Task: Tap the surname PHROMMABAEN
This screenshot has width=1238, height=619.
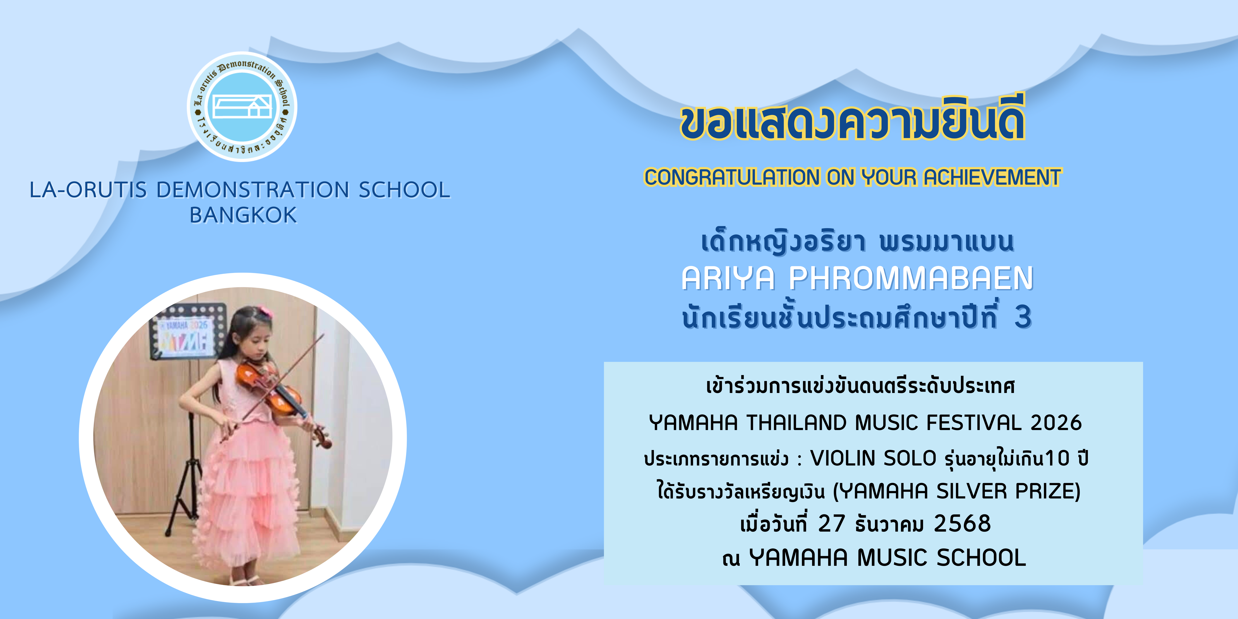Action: tap(911, 278)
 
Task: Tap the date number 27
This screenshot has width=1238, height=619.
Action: tap(831, 523)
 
